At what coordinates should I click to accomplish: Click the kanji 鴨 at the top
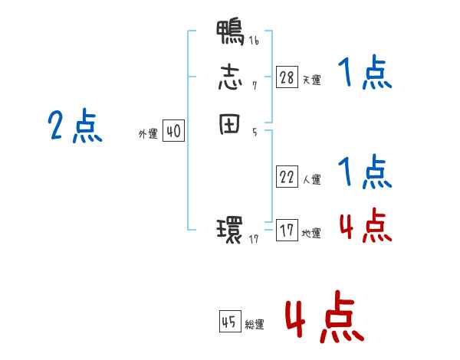(230, 34)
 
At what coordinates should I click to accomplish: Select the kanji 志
(230, 79)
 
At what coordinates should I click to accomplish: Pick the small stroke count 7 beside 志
(255, 86)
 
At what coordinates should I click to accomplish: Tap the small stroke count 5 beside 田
(255, 133)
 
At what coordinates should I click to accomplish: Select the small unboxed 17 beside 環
(255, 239)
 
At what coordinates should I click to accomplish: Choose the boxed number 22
(287, 178)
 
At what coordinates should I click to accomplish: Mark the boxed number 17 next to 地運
(287, 231)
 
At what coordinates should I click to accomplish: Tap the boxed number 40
(173, 132)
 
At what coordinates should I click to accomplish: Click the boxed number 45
(229, 322)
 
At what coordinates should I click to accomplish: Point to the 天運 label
(311, 80)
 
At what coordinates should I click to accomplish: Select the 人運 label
(311, 181)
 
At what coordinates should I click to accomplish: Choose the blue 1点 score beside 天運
(365, 75)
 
